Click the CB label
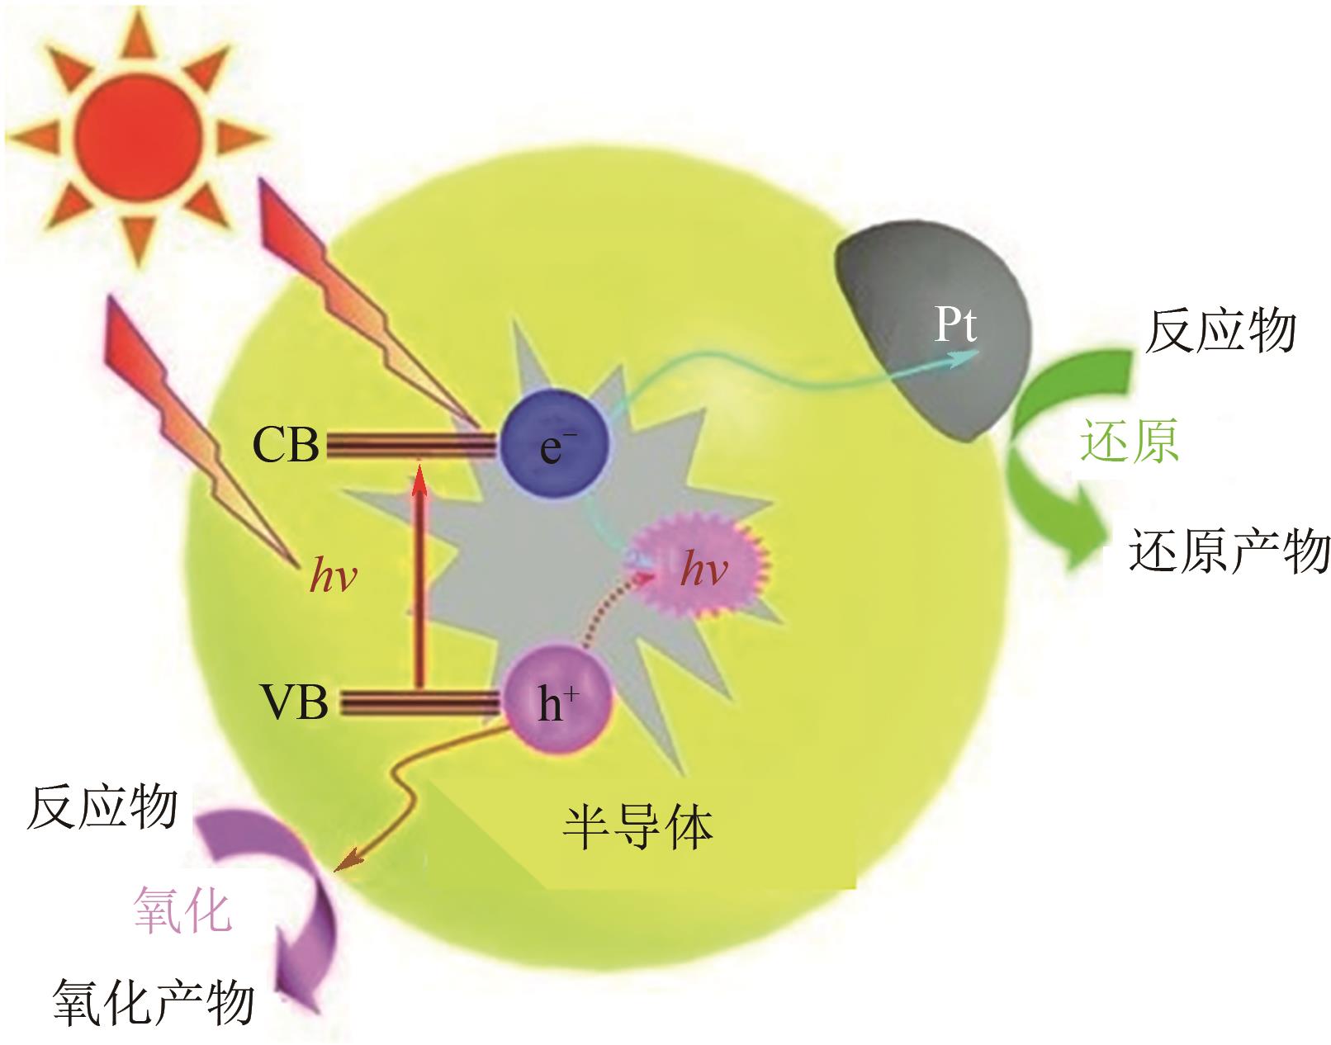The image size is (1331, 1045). coord(286,447)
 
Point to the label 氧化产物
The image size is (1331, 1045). coord(154,1003)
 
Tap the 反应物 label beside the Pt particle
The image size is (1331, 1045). coord(1220,332)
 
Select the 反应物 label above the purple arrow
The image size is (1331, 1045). coord(102,807)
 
